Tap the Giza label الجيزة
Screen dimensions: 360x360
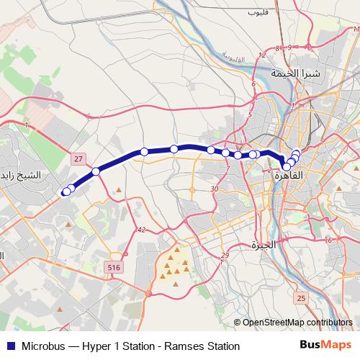coord(264,244)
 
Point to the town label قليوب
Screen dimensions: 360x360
coord(257,12)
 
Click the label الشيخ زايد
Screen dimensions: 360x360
coord(22,176)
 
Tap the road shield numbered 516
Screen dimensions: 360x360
coord(114,266)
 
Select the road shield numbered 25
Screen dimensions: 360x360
coord(301,297)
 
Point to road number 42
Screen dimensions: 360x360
coord(140,230)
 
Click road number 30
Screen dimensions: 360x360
coord(215,189)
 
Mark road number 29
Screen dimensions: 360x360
coord(225,256)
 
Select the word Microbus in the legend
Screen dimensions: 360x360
coord(38,346)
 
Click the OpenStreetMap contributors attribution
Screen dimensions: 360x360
coord(297,323)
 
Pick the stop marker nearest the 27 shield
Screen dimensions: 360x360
coord(96,171)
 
